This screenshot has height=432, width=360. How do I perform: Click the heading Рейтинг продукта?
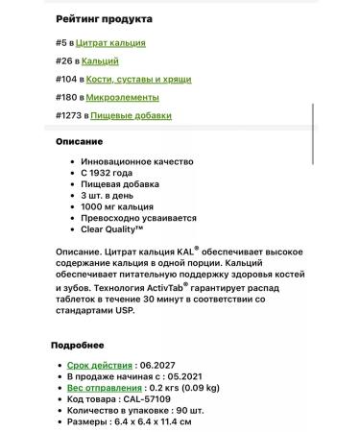(103, 18)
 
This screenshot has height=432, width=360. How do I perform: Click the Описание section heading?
(79, 141)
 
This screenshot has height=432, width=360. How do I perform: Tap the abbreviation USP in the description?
(133, 312)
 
